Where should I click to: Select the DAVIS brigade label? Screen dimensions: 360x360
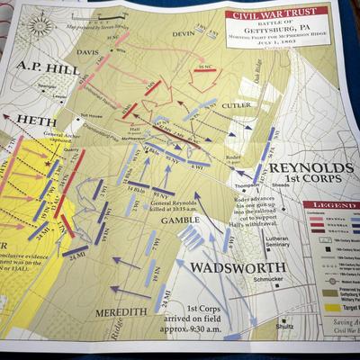point(88,51)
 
